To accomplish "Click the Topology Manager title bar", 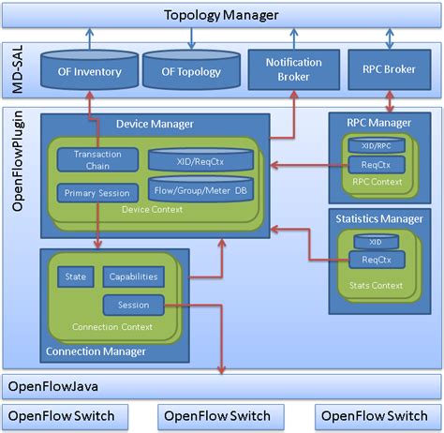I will click(x=221, y=15).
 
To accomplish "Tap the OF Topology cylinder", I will click(x=191, y=72).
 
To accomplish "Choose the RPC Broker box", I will click(x=388, y=70).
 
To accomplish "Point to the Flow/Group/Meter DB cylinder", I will click(x=201, y=190).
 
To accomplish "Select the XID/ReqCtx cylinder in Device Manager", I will click(x=201, y=159).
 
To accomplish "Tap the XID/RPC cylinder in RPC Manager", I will click(x=376, y=145).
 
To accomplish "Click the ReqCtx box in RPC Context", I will click(x=376, y=165).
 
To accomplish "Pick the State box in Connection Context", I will click(x=74, y=277).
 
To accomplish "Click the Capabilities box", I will click(x=133, y=277).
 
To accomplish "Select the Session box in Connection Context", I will click(x=133, y=305).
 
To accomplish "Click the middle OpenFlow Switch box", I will click(x=216, y=415).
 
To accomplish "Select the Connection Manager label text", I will click(x=96, y=351).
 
